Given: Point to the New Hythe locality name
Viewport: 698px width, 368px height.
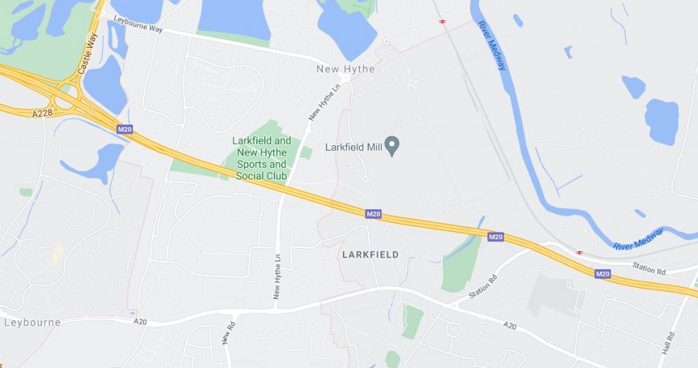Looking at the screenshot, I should (x=346, y=69).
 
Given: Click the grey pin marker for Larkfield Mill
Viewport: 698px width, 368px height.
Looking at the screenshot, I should (x=392, y=145).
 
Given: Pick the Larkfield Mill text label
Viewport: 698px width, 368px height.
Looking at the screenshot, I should (x=353, y=146).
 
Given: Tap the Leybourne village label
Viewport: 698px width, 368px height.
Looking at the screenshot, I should (x=32, y=322).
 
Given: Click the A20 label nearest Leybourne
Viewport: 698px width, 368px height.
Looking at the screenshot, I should (x=140, y=322).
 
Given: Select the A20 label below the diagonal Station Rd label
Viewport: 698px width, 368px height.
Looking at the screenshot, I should (x=510, y=326).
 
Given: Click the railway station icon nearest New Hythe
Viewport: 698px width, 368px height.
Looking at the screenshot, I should (x=442, y=21).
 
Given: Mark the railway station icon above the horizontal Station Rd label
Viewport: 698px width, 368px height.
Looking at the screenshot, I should (x=579, y=252).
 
